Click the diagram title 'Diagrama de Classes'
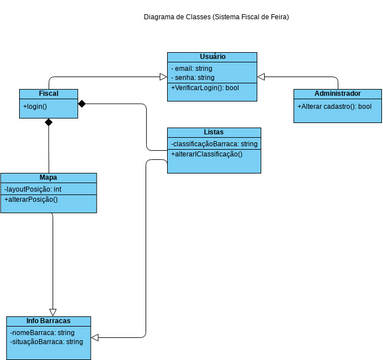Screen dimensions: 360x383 [217, 17]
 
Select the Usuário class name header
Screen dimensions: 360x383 [212, 56]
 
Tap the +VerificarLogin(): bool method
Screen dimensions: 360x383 [205, 88]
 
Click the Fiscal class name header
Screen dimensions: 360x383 [49, 93]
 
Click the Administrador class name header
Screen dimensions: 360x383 [337, 93]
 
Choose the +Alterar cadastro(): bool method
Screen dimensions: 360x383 [334, 106]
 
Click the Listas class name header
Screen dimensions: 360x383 [213, 132]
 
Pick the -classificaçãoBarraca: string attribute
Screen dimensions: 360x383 [213, 144]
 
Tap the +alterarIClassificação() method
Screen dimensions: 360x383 [207, 154]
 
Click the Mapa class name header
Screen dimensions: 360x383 [48, 177]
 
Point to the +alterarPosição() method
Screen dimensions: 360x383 [31, 199]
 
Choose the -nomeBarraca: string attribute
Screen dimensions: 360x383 [42, 332]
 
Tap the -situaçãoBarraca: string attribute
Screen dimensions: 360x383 [46, 342]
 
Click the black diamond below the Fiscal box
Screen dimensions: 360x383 [48, 122]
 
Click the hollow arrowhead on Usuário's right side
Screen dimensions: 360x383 [261, 76]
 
